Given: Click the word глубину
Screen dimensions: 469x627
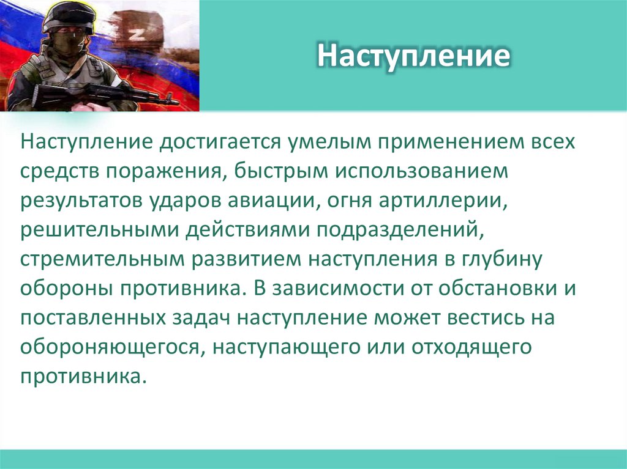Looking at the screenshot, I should (503, 257).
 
